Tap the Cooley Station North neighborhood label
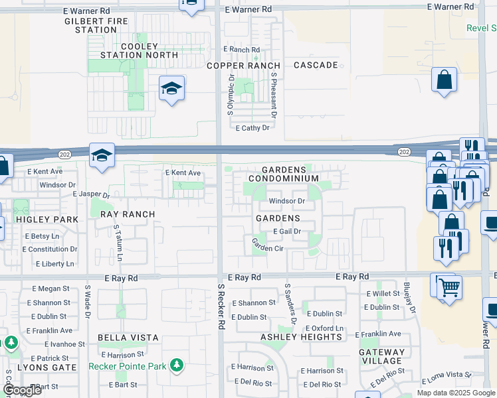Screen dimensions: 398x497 [139, 51]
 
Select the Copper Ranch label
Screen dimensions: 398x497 [243, 66]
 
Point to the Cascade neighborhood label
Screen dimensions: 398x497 [316, 65]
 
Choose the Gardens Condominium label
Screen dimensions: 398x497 [284, 174]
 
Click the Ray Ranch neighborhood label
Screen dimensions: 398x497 [128, 214]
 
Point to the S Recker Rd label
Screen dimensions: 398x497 [221, 306]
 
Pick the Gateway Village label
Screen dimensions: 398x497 [381, 356]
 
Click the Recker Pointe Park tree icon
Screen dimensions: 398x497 [176, 365]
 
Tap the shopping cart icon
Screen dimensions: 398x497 [450, 288]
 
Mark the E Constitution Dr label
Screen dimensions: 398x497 [50, 249]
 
